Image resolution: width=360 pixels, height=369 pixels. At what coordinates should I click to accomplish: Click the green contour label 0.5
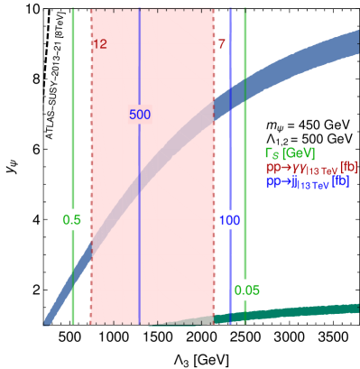(x=72, y=219)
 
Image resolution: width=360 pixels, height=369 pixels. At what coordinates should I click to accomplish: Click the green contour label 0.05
(x=246, y=290)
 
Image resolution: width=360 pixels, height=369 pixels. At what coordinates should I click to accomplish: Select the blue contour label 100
(x=229, y=219)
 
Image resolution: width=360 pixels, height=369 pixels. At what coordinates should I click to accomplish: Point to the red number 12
(x=99, y=44)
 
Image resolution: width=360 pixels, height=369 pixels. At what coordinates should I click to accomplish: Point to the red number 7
(x=220, y=44)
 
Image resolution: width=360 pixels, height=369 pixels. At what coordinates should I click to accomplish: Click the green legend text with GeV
(x=289, y=152)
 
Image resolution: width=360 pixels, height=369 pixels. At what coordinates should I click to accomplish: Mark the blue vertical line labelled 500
(x=139, y=226)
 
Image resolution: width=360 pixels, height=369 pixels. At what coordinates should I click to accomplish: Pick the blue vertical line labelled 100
(x=230, y=135)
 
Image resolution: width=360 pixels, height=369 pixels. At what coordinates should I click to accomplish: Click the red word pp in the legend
(x=272, y=167)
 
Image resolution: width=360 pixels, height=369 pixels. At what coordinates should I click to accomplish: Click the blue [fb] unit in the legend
(x=339, y=181)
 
